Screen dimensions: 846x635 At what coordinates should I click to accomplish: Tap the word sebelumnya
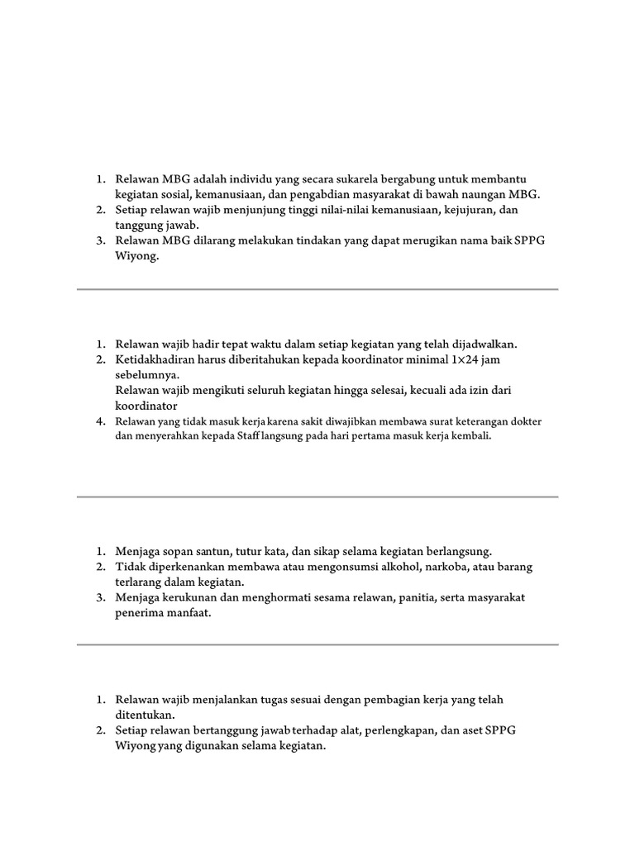coord(146,374)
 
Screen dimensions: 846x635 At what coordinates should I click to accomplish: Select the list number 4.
coord(99,421)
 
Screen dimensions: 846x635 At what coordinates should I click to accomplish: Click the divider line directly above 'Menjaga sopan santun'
coord(317,497)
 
